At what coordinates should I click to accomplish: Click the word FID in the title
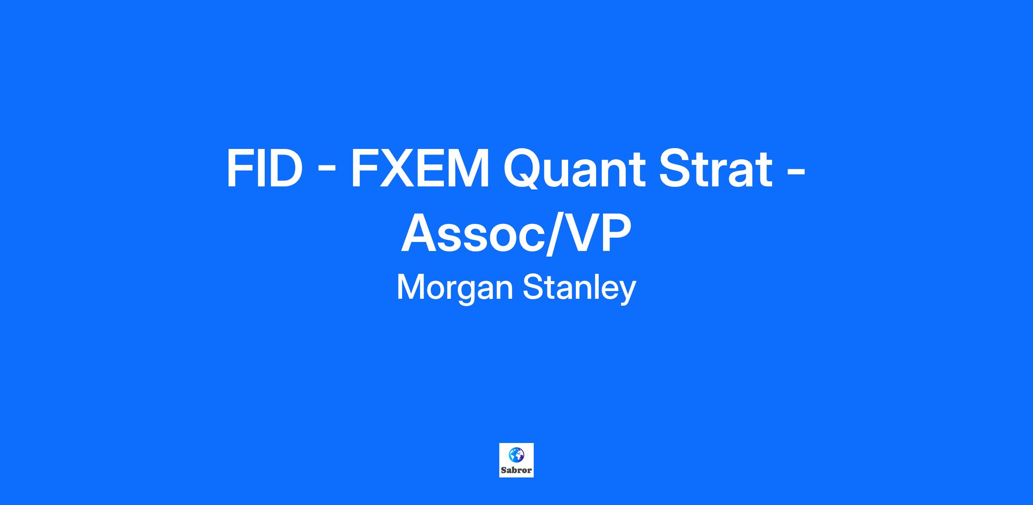(263, 168)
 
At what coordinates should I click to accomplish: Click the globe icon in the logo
(516, 454)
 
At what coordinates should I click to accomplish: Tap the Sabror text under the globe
(516, 470)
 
